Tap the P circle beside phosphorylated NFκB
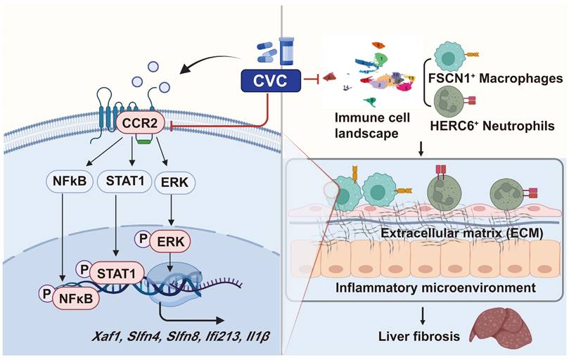(47, 296)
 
